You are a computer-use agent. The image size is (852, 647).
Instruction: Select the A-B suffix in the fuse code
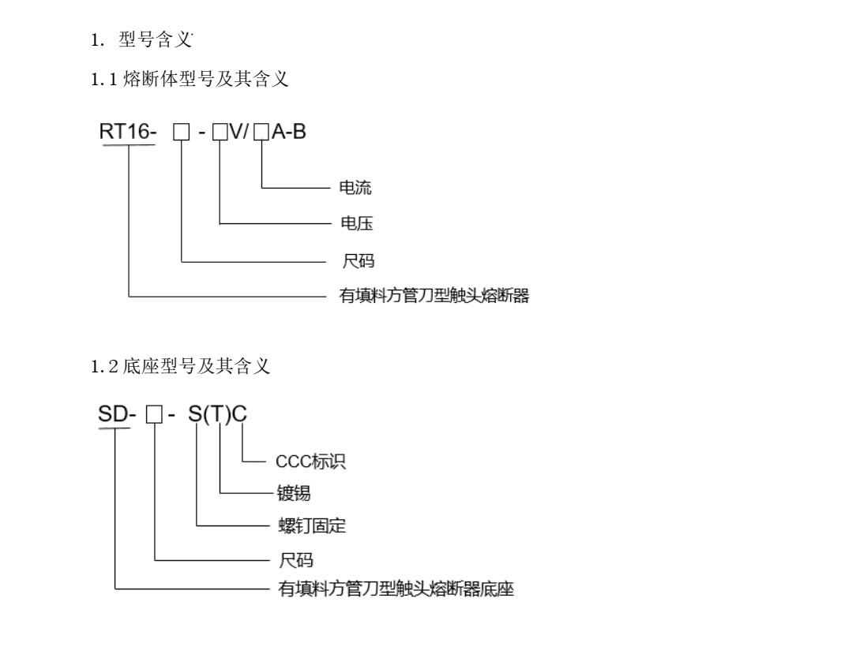288,133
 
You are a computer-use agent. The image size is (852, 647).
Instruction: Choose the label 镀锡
293,494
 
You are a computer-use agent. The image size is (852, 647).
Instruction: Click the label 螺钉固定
311,525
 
